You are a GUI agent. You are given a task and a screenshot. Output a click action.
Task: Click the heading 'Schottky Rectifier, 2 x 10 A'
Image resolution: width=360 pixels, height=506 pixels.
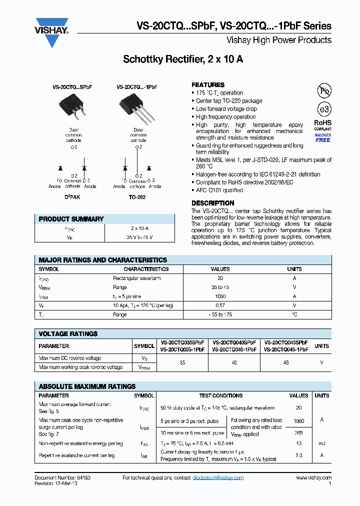coord(183,59)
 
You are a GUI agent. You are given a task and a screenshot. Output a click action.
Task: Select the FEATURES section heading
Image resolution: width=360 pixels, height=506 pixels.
coord(208,85)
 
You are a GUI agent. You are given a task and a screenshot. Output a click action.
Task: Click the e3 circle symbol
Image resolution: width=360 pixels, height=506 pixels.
coord(323,109)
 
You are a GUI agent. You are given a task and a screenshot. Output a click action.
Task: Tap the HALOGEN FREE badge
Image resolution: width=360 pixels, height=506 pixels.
coord(322,138)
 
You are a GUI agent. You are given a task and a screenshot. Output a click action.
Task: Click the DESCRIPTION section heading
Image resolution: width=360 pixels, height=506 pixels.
coord(213,203)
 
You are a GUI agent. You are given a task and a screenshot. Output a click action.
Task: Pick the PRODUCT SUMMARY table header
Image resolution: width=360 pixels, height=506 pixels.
coord(71,219)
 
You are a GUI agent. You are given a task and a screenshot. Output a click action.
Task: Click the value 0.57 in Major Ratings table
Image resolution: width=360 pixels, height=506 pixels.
coord(220,305)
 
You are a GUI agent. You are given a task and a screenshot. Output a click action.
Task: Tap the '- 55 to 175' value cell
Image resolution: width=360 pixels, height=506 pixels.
coord(220,314)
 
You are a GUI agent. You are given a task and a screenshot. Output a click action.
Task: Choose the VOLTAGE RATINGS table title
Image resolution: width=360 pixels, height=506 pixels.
coord(68,333)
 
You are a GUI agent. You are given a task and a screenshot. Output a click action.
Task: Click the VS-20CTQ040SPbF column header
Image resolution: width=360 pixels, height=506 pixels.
coord(234,342)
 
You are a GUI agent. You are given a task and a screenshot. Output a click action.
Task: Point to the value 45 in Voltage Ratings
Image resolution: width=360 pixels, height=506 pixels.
coord(286,362)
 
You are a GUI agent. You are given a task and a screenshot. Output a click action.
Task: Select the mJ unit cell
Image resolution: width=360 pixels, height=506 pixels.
coord(321,443)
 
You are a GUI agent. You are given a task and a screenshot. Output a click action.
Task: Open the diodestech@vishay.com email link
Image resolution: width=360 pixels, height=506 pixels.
coord(218,478)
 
